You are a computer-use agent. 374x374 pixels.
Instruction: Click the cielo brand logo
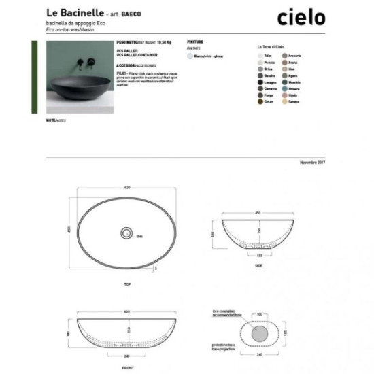coord(301,18)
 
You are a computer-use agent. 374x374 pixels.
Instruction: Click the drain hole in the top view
coord(126,233)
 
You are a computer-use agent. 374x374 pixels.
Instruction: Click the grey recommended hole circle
coord(259,333)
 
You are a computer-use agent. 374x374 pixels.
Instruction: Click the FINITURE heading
coord(195,41)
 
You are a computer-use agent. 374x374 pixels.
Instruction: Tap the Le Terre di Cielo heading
coord(270,46)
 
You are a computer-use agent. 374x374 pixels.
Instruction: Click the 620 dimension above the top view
coord(126,188)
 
